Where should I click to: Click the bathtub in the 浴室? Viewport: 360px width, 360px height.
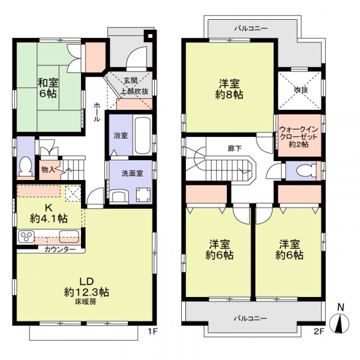pyautogui.click(x=143, y=135)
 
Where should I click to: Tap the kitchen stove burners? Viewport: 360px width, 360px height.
pyautogui.click(x=27, y=236)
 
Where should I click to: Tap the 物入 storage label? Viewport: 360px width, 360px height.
pyautogui.click(x=49, y=170)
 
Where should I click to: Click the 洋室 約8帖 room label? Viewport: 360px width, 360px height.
pyautogui.click(x=229, y=89)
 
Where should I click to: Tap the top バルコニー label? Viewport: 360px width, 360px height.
pyautogui.click(x=251, y=28)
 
